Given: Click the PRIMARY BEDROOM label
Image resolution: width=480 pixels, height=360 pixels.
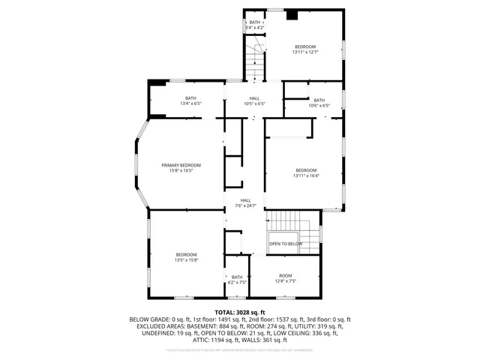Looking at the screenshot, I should click(181, 165).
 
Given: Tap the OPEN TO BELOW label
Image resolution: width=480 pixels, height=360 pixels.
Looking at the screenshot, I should click(286, 244).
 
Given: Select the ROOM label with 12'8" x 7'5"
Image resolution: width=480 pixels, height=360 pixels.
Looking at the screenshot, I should click(286, 275).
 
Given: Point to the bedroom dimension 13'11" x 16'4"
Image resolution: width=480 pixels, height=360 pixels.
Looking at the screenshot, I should click(306, 175).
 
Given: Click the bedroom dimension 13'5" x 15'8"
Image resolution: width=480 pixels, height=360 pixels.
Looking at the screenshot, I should click(186, 260).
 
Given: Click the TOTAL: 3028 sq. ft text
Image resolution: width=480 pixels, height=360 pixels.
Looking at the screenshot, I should click(240, 312).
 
